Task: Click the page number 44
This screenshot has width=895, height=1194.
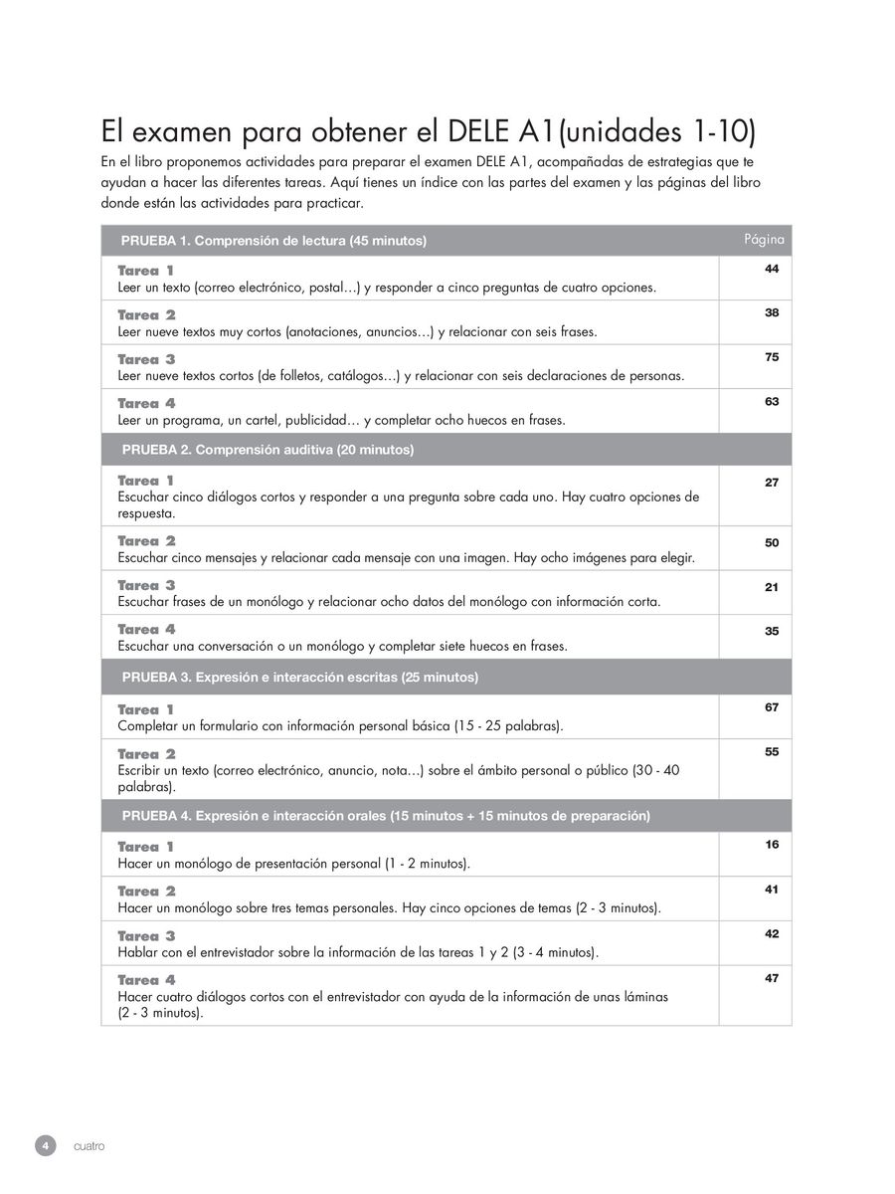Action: [x=772, y=269]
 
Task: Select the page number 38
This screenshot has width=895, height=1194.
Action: [x=772, y=312]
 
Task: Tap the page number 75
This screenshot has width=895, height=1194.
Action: [x=772, y=357]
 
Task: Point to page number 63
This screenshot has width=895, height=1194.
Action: [x=772, y=401]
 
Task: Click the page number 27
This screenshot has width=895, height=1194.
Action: [x=772, y=483]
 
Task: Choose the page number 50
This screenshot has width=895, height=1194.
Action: [x=772, y=542]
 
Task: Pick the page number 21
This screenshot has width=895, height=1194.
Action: [x=772, y=587]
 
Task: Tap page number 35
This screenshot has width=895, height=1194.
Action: [x=772, y=631]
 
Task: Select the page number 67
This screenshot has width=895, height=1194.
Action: [x=772, y=707]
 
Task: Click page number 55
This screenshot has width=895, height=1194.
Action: [x=772, y=752]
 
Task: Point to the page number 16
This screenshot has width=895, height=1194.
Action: [x=772, y=845]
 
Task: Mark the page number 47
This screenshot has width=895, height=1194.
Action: [x=772, y=978]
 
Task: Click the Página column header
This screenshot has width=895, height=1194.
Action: [x=764, y=240]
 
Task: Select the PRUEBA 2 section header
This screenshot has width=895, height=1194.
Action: [x=268, y=450]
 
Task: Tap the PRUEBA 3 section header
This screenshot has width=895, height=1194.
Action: [x=299, y=678]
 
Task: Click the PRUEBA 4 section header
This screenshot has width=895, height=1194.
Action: [x=386, y=816]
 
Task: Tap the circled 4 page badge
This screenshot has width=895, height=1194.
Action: [x=45, y=1145]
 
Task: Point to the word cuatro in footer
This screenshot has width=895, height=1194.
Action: [x=89, y=1146]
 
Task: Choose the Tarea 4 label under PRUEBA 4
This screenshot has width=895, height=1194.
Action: [x=146, y=980]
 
